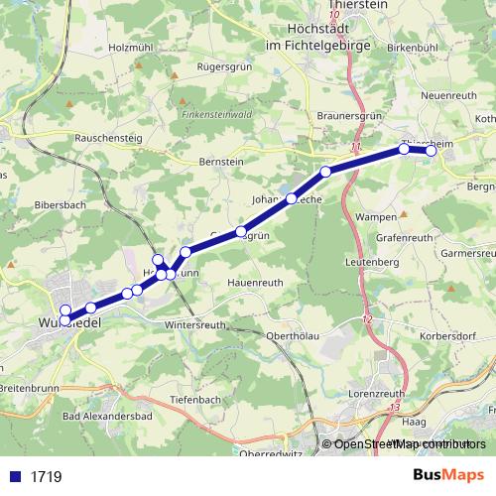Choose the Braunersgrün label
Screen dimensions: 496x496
(350, 115)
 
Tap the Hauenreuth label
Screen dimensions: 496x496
(255, 283)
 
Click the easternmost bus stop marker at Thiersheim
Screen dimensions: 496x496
(431, 151)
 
